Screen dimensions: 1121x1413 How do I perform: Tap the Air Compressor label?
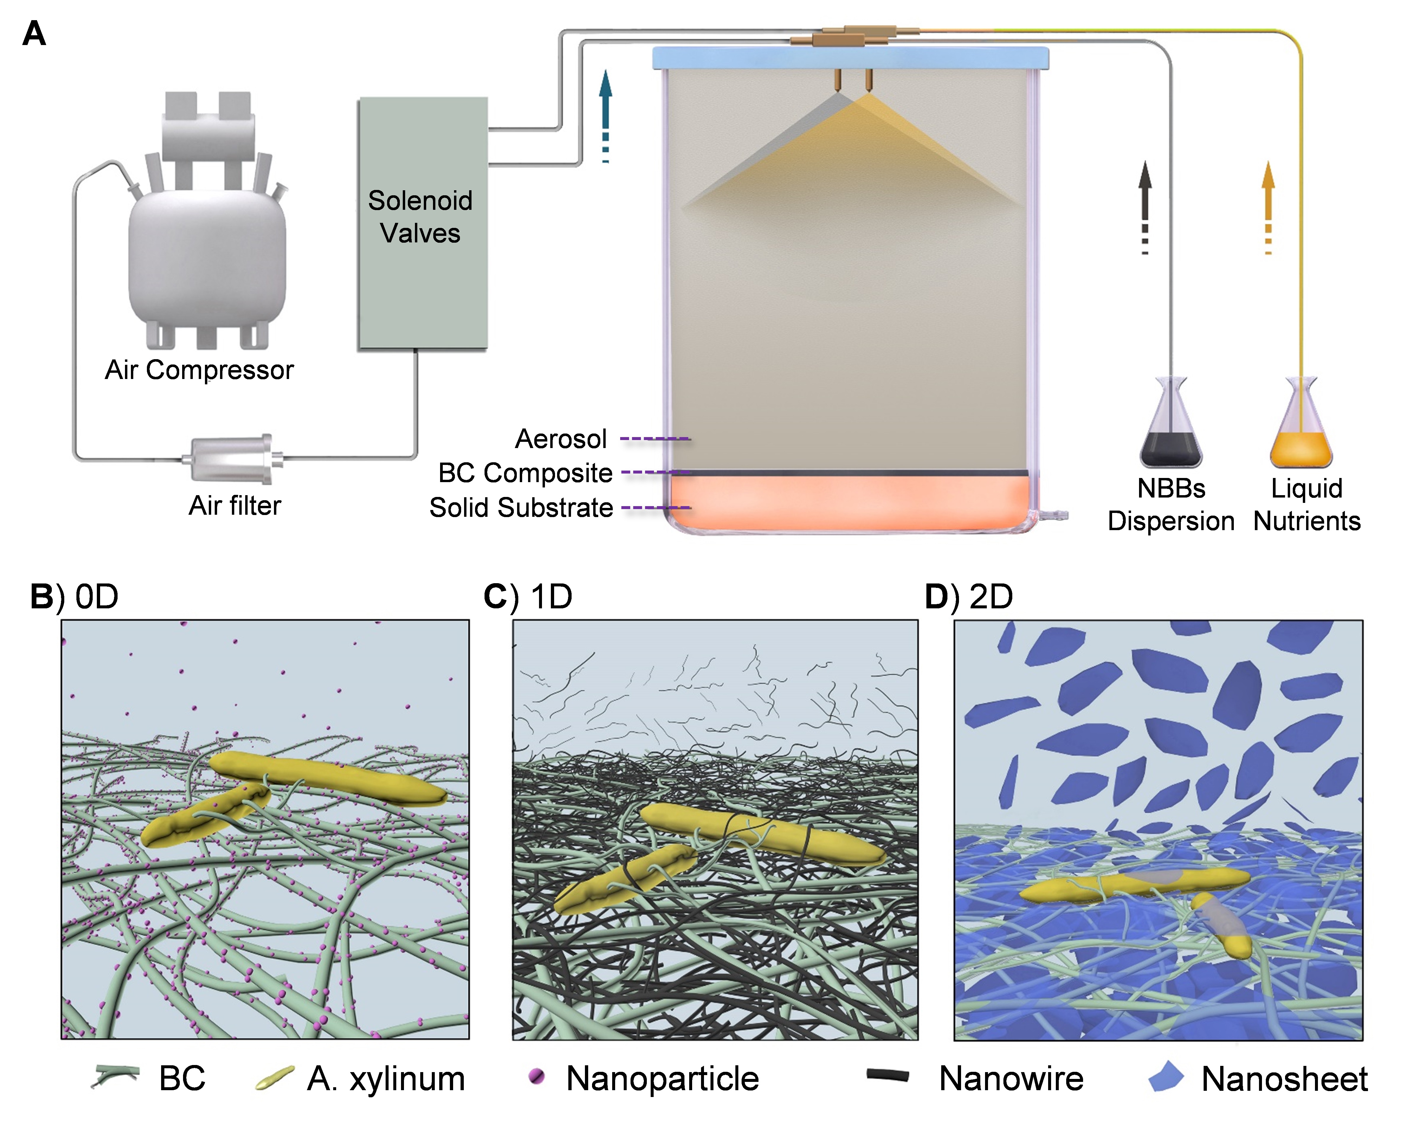199,370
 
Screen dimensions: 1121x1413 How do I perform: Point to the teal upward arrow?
606,111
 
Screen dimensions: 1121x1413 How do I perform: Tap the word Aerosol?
561,439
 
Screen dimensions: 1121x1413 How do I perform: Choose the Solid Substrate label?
521,507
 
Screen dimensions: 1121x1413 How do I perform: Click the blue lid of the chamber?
850,58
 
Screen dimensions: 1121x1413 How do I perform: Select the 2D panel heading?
969,597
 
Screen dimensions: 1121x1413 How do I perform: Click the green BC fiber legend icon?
116,1077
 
